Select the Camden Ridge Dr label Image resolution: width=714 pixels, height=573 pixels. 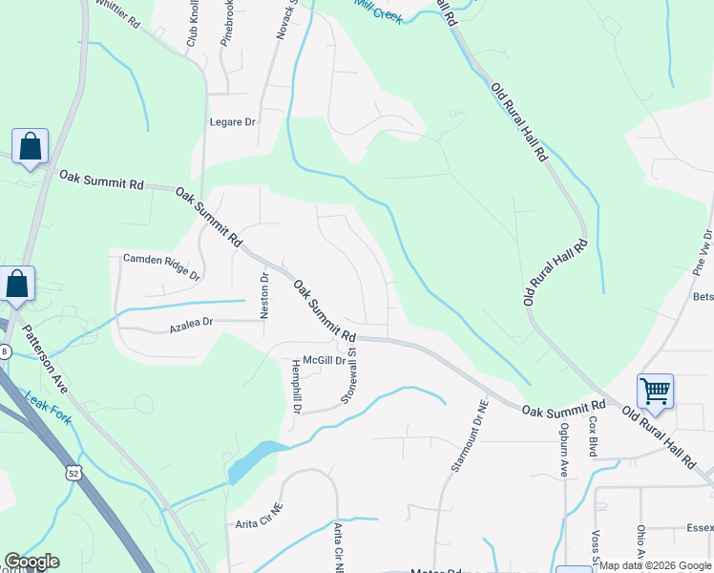(161, 266)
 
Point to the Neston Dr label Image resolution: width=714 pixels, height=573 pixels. (265, 296)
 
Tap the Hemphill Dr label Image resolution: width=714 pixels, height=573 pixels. (296, 387)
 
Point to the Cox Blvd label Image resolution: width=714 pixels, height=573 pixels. (593, 435)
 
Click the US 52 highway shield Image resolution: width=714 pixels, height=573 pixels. (73, 473)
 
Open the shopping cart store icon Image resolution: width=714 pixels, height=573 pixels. (655, 390)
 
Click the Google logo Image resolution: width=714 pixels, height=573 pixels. (31, 562)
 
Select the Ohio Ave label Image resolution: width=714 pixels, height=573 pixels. (641, 541)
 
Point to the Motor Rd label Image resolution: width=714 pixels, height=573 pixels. (434, 570)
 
